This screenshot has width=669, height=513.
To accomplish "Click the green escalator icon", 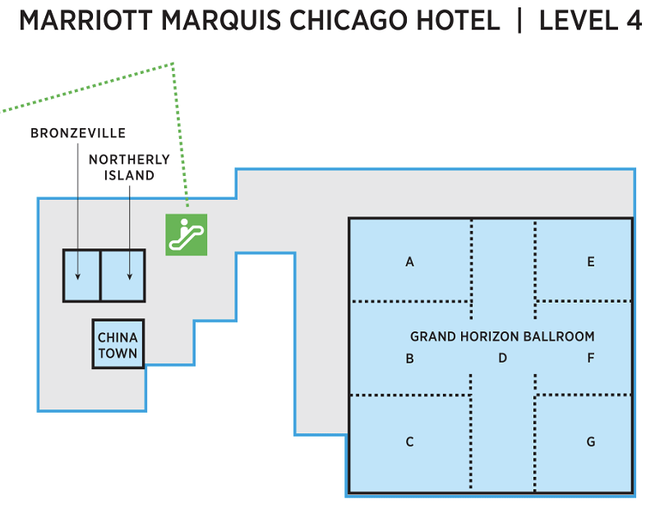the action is (x=186, y=234).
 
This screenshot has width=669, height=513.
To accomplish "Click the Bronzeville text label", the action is (x=78, y=133).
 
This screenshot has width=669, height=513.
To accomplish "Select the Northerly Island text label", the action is (x=129, y=167).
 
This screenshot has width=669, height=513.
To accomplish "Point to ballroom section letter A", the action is (x=409, y=262).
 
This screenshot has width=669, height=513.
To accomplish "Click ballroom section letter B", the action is (x=409, y=358).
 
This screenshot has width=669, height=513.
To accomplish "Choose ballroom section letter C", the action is (x=409, y=442).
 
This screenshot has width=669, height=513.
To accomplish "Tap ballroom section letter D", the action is (x=502, y=358).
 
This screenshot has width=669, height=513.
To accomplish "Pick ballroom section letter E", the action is (x=590, y=262).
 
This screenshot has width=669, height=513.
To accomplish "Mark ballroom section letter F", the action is (x=590, y=358).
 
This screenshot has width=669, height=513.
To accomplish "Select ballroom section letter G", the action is (x=590, y=442).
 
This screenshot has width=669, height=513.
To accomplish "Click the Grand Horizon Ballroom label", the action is (x=502, y=336).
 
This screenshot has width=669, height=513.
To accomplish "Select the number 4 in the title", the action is (x=632, y=21).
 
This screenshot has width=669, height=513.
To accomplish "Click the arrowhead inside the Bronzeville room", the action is (x=78, y=275).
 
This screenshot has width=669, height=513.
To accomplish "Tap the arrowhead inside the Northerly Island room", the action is (x=130, y=275).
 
